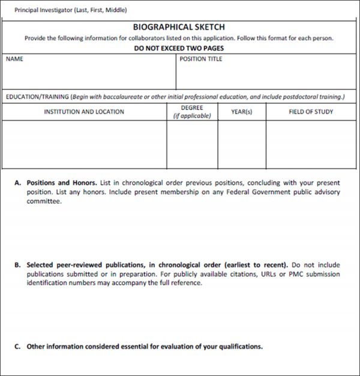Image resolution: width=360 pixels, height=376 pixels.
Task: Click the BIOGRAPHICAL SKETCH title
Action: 179,27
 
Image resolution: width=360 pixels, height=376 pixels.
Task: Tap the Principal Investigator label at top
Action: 70,10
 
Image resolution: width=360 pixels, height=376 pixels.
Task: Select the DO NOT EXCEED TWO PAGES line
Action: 179,48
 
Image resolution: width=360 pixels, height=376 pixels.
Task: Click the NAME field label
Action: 14,59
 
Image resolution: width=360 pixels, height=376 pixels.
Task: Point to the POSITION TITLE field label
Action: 201,59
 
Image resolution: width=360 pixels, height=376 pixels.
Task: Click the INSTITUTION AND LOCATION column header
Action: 84,112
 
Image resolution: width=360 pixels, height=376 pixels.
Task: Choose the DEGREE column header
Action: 192,108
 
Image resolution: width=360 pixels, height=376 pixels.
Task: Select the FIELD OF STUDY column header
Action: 311,112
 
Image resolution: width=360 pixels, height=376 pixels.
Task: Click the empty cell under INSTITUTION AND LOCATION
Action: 84,144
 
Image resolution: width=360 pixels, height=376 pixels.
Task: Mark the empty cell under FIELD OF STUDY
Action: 311,144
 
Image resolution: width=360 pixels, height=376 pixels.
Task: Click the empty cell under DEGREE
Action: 192,144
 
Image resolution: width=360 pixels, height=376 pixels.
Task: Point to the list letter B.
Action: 18,265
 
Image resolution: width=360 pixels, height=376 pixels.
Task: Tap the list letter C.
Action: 18,347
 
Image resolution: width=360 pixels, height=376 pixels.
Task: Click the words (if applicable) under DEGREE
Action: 192,116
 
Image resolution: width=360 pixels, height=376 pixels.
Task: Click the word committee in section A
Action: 43,201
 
